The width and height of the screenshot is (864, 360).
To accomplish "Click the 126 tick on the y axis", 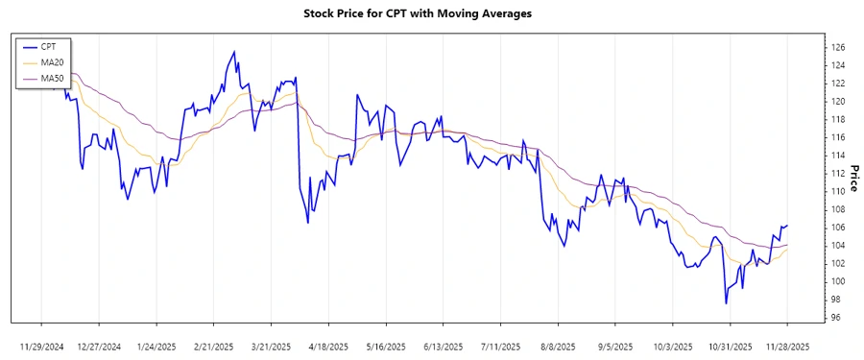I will tap(838, 47).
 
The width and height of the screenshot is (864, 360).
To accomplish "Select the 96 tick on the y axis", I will tap(836, 318).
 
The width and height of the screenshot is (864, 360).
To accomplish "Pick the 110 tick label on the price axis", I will tap(838, 191).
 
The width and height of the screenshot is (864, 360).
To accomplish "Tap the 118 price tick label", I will tap(838, 119).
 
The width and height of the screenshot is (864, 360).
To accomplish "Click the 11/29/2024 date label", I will tap(41, 347).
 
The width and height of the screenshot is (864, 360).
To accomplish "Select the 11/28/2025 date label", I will tap(787, 347).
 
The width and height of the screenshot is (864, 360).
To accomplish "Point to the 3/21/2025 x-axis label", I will tap(272, 347).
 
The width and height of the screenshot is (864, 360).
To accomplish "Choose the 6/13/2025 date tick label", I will tap(444, 347).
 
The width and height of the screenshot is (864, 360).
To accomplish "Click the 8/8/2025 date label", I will tap(558, 347).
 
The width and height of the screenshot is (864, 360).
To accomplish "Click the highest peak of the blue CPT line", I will tap(234, 51).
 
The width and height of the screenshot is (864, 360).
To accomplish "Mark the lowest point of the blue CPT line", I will tap(726, 303).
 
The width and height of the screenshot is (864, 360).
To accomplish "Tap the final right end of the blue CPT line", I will tap(787, 226).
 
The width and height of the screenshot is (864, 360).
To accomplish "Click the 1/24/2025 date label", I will tap(156, 347).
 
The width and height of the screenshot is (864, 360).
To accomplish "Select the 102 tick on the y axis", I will tap(838, 263).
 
